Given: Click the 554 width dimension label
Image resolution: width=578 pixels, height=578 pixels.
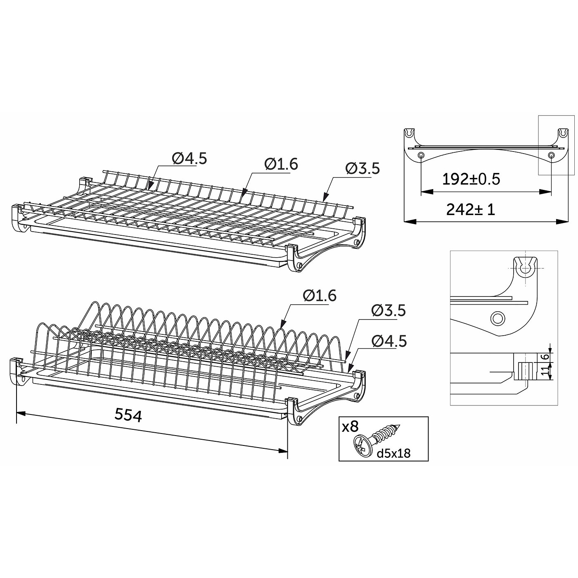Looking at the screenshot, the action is (x=128, y=416).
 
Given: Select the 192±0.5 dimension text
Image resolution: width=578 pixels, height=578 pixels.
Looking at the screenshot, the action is (x=471, y=179).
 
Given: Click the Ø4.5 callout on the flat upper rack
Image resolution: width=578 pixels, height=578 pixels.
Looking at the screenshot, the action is (x=189, y=159).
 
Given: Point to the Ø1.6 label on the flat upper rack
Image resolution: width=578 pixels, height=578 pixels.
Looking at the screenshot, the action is (x=281, y=164).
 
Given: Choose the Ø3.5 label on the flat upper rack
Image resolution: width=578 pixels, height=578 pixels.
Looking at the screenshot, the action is (x=362, y=168).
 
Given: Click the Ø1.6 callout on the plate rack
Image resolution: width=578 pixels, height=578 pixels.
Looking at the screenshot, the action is (x=320, y=296).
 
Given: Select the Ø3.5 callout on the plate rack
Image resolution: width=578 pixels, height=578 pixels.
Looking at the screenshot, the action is (x=388, y=310).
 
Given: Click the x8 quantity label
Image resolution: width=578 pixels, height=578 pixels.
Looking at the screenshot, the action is (x=351, y=426).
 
